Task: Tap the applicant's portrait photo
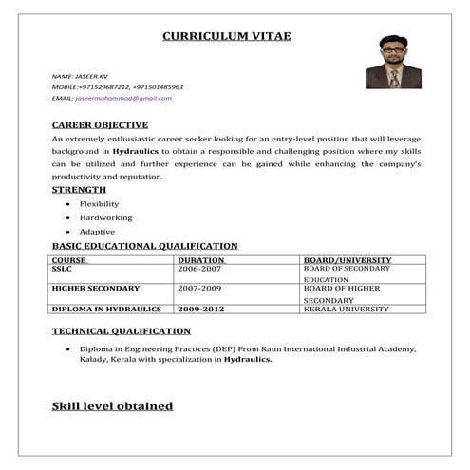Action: pyautogui.click(x=393, y=63)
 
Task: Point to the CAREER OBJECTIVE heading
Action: pyautogui.click(x=100, y=124)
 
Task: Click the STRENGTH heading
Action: pyautogui.click(x=79, y=190)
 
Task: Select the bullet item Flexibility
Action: pyautogui.click(x=99, y=204)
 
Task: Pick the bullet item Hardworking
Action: pyautogui.click(x=105, y=217)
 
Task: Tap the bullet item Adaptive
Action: pyautogui.click(x=97, y=232)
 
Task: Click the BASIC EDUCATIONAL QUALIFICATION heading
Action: pyautogui.click(x=144, y=246)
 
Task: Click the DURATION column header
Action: pyautogui.click(x=200, y=259)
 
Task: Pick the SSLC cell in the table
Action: pyautogui.click(x=62, y=269)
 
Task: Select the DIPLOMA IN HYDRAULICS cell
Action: pyautogui.click(x=106, y=309)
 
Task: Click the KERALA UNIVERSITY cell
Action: pyautogui.click(x=346, y=309)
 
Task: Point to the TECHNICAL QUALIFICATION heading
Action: pyautogui.click(x=121, y=330)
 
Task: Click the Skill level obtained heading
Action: pyautogui.click(x=112, y=406)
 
